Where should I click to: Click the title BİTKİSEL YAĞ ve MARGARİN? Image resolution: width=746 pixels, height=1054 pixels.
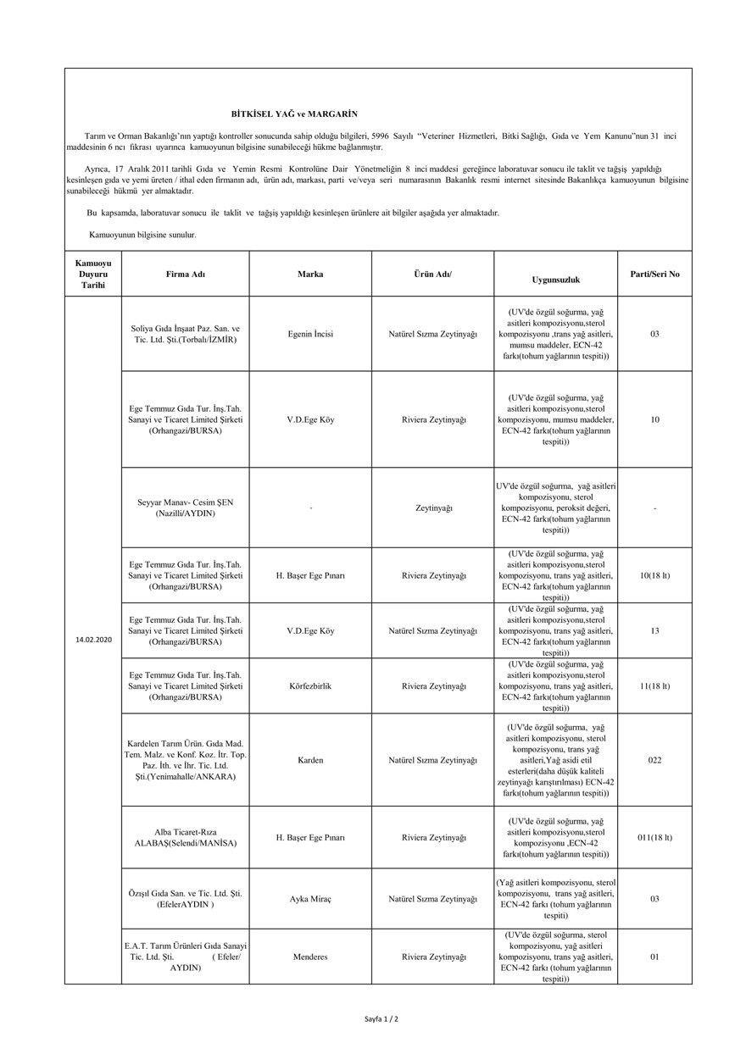294,113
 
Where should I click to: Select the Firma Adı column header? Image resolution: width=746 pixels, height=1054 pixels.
186,274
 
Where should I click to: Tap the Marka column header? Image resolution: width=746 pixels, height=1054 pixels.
310,274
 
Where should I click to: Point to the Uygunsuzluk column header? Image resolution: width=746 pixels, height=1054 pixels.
555,279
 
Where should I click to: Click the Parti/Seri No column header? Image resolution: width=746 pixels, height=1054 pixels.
654,274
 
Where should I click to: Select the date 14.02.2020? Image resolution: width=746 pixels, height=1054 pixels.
93,639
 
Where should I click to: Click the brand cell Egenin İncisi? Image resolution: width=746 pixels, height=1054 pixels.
310,334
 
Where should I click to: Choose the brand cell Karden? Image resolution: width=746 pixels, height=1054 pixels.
310,760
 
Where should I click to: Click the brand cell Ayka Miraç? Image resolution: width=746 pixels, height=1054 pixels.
310,899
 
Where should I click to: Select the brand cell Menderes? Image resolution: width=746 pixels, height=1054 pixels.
310,957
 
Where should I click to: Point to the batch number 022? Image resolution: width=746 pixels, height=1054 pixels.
654,760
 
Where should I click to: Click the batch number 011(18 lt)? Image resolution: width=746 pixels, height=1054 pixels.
654,837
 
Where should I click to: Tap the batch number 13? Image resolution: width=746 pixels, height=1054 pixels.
654,631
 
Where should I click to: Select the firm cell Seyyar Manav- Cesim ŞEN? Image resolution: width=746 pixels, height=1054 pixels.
186,508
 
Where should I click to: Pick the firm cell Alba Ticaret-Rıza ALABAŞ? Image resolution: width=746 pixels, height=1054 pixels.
186,837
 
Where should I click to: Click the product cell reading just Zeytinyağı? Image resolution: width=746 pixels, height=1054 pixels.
433,508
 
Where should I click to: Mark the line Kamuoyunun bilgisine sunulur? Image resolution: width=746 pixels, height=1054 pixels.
142,234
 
